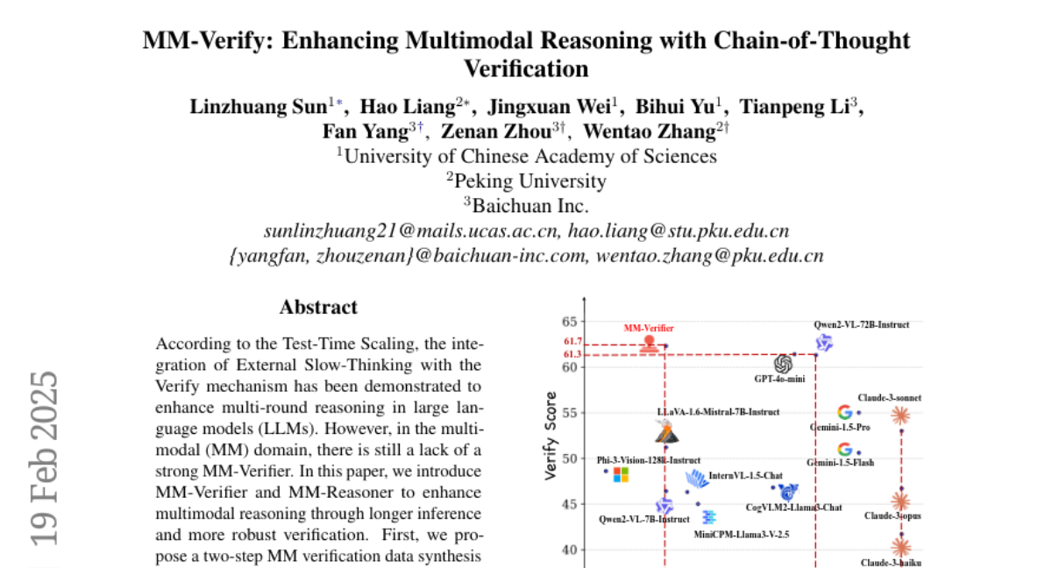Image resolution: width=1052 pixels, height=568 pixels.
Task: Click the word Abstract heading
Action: pyautogui.click(x=318, y=308)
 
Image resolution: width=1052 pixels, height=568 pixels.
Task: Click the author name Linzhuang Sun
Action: pyautogui.click(x=259, y=107)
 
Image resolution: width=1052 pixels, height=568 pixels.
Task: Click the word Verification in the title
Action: pyautogui.click(x=525, y=67)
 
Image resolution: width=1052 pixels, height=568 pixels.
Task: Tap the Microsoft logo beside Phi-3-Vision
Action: pyautogui.click(x=621, y=474)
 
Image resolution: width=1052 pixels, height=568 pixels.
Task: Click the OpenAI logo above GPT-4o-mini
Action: pyautogui.click(x=783, y=364)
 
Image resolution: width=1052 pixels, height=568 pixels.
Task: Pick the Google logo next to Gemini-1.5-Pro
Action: pyautogui.click(x=845, y=412)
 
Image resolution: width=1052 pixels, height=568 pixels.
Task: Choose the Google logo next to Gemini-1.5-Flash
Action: pyautogui.click(x=845, y=450)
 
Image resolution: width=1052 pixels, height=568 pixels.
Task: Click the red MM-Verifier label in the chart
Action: pyautogui.click(x=649, y=328)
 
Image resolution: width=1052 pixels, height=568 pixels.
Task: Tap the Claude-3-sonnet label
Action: pyautogui.click(x=891, y=398)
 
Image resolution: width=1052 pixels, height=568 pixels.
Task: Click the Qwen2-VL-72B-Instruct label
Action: pyautogui.click(x=861, y=324)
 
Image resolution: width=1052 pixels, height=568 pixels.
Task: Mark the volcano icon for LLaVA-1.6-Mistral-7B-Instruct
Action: pyautogui.click(x=667, y=431)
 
